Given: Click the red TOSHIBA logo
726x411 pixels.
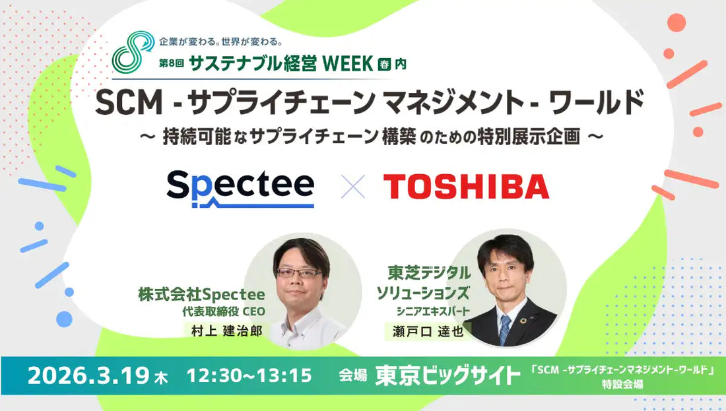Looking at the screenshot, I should [x=466, y=187].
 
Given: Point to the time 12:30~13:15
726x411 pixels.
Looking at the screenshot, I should [x=249, y=376].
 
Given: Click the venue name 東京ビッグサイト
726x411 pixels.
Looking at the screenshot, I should [x=447, y=376].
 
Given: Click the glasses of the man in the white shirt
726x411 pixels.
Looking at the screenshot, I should [x=299, y=272].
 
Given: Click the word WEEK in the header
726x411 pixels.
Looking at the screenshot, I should [x=347, y=64].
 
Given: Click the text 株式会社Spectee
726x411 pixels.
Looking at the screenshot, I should [x=201, y=294].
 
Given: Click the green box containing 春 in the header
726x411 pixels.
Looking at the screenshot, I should [x=385, y=65].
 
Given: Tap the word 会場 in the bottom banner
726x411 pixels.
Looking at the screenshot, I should [x=352, y=377].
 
